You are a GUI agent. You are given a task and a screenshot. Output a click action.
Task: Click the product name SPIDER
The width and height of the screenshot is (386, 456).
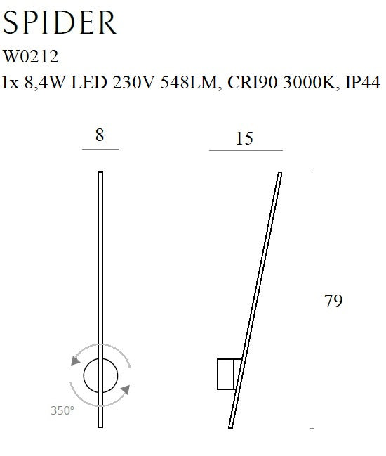coord(60,22)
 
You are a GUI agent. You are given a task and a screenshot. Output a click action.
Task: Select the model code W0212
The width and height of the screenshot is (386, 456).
coord(31,56)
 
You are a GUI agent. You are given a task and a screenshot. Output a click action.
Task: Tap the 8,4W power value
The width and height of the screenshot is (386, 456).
coord(44,83)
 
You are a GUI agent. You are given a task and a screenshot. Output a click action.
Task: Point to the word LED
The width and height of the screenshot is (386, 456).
coord(88,82)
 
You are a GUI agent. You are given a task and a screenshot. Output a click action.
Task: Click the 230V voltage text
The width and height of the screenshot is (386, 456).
coord(133,82)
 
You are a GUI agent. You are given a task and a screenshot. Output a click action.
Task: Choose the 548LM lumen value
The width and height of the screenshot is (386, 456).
coord(189,83)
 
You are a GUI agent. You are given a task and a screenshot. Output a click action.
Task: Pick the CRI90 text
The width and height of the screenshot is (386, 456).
coord(252,82)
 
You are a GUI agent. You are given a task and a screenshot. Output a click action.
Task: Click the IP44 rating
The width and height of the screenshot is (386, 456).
coord(362,82)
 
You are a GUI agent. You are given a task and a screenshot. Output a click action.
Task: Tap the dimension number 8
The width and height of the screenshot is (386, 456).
coord(100,135)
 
